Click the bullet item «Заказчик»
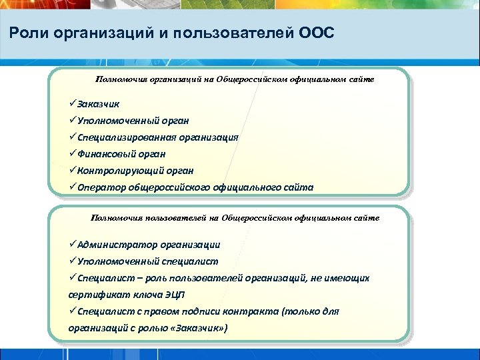point(98,104)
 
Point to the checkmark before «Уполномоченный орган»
point(72,121)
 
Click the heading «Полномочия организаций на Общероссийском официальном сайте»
point(235,79)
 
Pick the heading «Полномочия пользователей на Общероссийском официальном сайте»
point(235,218)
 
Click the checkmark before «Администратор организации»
point(72,245)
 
